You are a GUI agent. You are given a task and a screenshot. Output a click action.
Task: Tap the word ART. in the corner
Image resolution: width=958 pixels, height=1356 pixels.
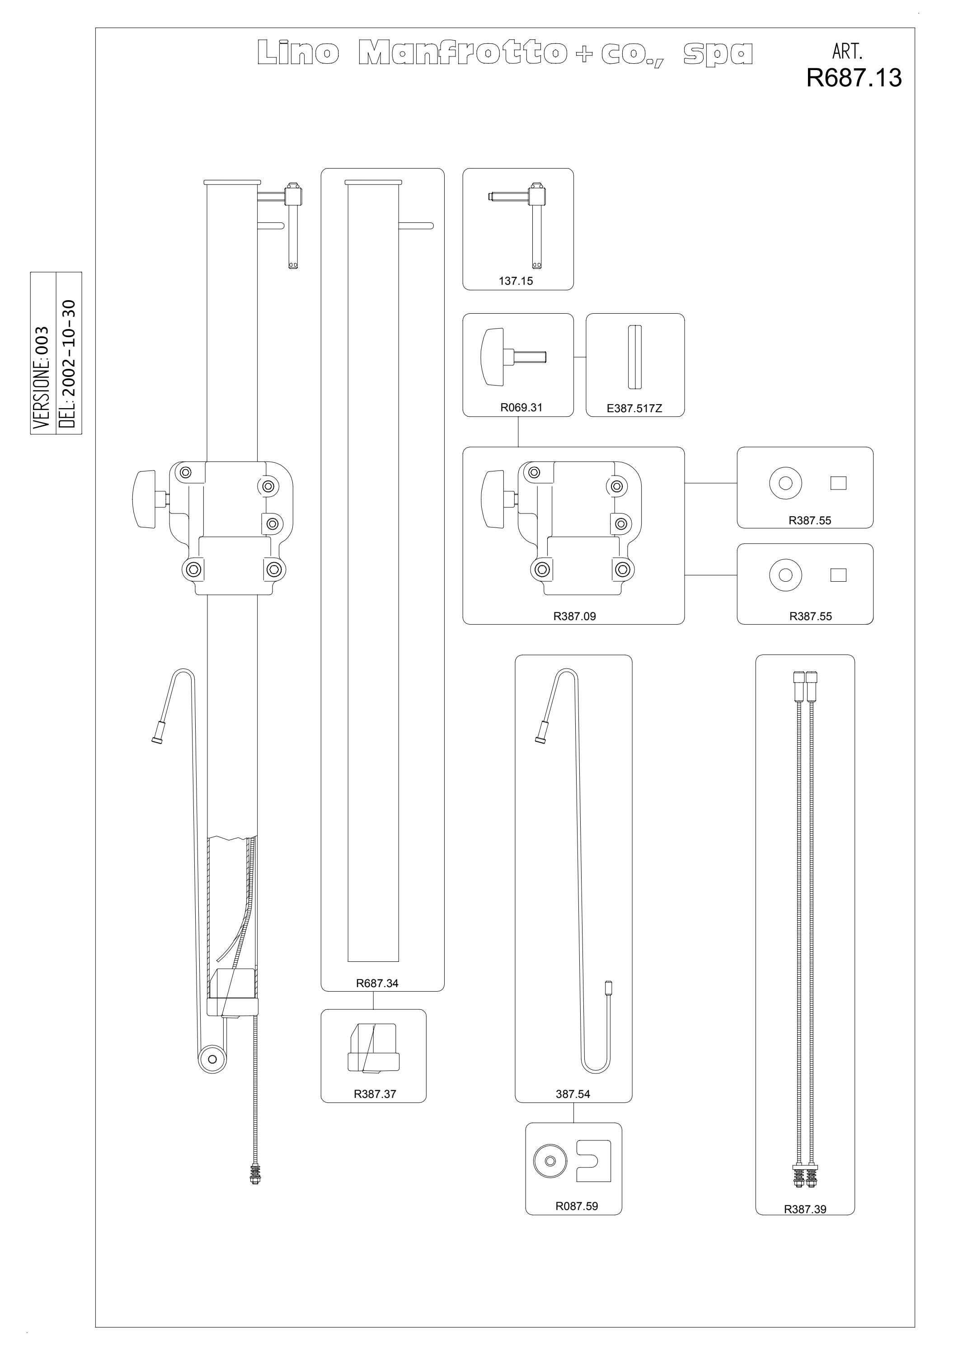848,52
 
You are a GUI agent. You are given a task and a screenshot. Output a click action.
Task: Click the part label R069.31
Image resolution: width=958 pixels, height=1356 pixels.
521,408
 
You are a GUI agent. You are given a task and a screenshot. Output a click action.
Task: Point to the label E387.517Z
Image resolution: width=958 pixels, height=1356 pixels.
634,408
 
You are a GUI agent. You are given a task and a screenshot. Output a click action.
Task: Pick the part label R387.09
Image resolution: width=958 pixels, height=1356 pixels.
574,617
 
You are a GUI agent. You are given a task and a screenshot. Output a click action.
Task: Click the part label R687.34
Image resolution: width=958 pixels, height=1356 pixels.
377,984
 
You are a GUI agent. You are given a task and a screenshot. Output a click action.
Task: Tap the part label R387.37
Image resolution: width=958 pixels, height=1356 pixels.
375,1094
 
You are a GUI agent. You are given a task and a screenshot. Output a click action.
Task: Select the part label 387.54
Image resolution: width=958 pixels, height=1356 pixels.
573,1094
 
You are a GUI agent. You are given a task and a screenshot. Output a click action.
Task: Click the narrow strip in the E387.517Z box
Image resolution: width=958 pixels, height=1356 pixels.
634,358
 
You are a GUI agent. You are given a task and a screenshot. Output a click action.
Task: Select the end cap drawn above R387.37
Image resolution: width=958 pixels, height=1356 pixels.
374,1048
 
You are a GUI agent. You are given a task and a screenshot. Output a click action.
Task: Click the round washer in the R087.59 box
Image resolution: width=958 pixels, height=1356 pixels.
550,1161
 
